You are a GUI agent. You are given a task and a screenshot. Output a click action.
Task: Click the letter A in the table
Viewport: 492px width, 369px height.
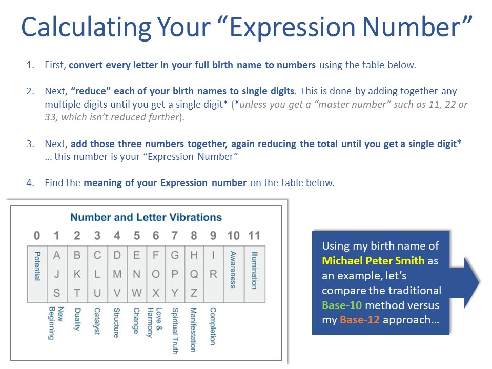57,255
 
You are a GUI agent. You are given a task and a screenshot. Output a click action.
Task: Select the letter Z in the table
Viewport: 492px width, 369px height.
194,293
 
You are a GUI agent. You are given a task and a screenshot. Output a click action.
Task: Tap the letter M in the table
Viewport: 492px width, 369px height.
117,274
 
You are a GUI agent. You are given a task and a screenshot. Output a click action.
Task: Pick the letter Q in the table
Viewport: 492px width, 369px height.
194,274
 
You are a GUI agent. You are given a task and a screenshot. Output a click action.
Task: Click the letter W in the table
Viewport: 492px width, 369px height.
136,293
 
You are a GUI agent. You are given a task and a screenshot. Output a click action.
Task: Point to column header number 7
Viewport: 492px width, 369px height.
175,236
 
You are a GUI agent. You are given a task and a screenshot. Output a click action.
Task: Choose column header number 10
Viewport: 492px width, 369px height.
233,236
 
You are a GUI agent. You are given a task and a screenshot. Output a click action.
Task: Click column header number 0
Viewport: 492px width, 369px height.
37,236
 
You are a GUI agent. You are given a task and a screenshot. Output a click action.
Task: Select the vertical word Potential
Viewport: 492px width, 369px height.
37,266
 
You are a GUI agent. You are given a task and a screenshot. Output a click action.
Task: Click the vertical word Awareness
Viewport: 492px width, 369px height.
233,270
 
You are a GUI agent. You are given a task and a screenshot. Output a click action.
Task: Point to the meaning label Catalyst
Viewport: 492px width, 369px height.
96,321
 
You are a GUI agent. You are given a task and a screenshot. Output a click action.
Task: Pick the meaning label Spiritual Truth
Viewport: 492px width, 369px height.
175,331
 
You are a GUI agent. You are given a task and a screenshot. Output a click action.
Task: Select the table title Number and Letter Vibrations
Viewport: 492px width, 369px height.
146,217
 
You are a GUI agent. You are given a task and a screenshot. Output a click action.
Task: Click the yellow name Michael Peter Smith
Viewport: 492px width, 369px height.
373,260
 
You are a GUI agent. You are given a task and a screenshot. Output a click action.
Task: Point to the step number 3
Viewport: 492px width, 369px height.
30,144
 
